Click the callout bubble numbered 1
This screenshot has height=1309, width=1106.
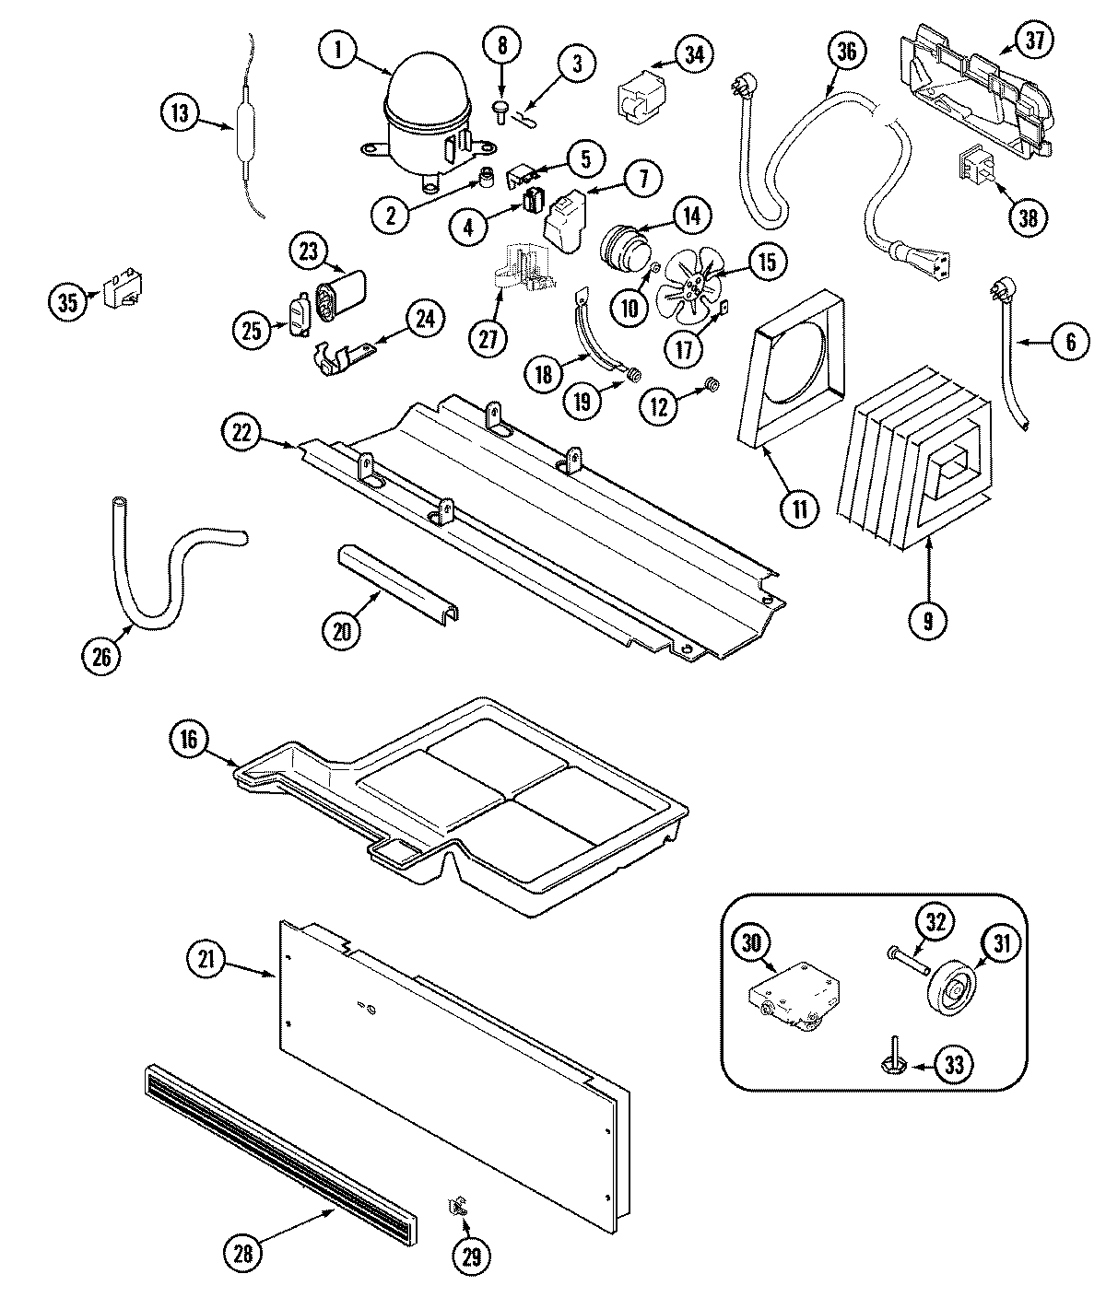click(x=338, y=50)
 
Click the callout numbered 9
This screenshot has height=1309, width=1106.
click(x=928, y=621)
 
